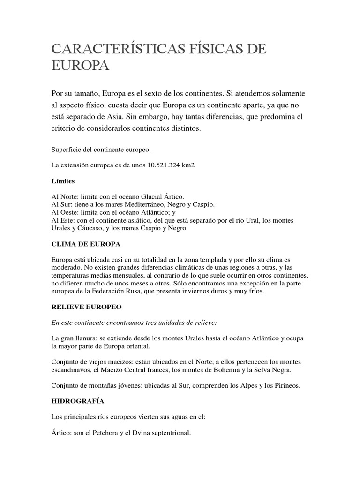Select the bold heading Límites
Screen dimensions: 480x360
(x=63, y=180)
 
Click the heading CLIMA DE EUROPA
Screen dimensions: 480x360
(x=86, y=244)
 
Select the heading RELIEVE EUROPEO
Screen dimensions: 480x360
(x=86, y=307)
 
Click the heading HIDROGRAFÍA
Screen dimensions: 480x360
(x=78, y=402)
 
